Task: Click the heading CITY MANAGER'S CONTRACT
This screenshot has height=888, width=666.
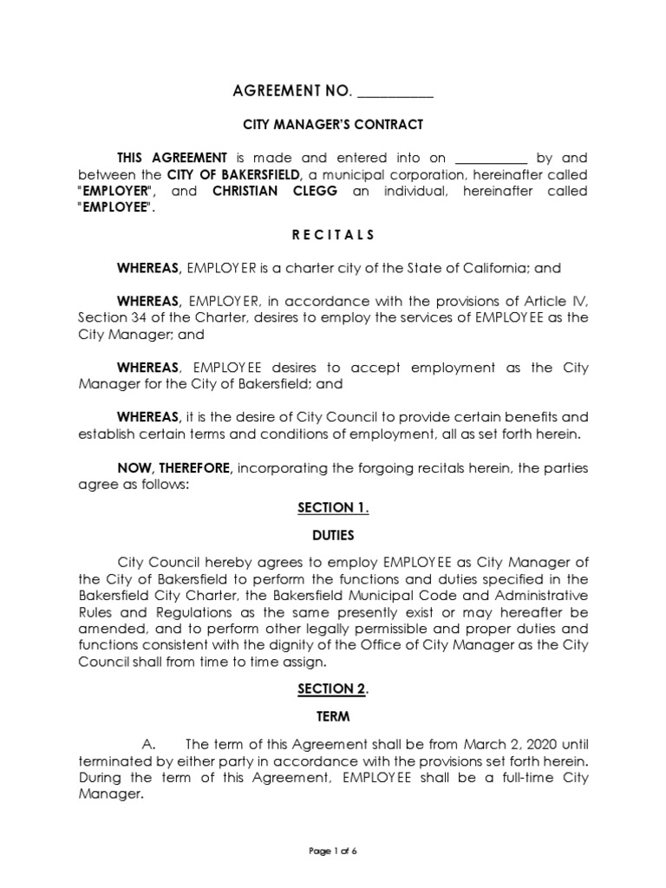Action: (x=332, y=125)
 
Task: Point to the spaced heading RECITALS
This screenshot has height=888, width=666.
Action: (x=332, y=234)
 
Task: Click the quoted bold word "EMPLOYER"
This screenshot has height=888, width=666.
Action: (x=116, y=191)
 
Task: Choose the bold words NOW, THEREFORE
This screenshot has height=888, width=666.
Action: (x=174, y=467)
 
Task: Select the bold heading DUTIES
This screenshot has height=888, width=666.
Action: (x=332, y=536)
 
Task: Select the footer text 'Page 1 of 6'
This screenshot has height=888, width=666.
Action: (x=333, y=851)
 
